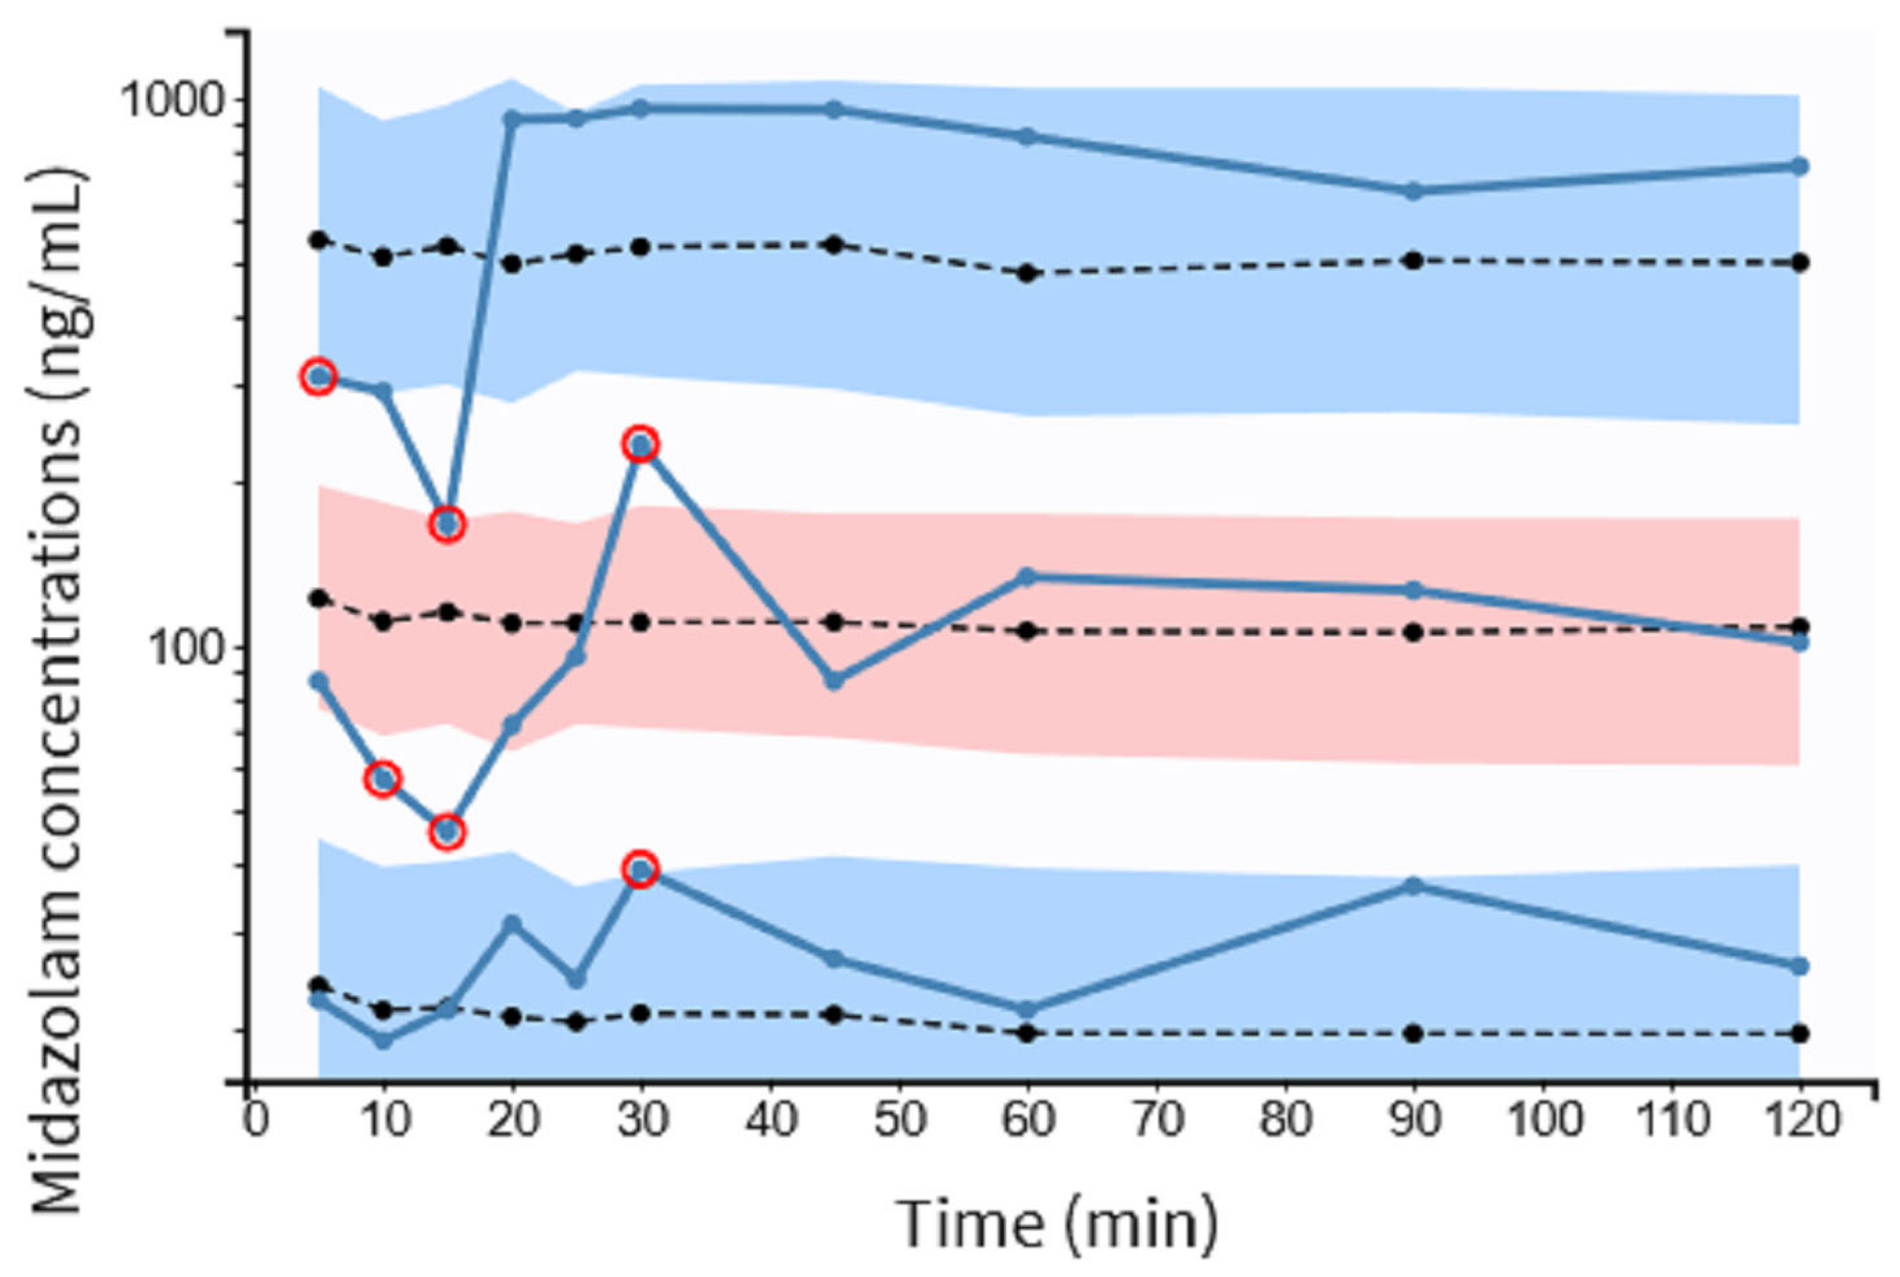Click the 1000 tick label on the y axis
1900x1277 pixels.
tap(171, 101)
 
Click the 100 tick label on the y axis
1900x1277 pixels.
tap(186, 649)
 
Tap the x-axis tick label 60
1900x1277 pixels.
tap(1028, 1119)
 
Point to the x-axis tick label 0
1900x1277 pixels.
tap(255, 1119)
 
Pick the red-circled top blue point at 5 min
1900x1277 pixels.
tap(319, 376)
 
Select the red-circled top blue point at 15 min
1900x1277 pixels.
tap(447, 524)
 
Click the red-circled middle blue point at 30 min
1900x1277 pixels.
tap(640, 445)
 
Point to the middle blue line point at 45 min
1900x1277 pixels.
tap(834, 681)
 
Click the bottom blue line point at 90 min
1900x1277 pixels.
tap(1414, 886)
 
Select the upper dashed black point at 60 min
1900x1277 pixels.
tap(1027, 273)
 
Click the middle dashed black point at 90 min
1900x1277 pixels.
tap(1414, 632)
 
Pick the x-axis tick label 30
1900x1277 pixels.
tap(641, 1119)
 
